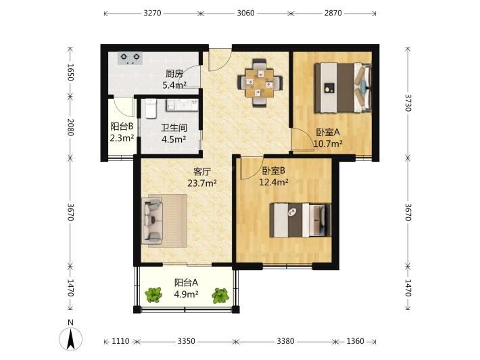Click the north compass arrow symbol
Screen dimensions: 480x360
coord(71,339)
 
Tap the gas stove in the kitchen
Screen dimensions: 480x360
coord(130,58)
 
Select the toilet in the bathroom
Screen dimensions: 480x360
coord(151,108)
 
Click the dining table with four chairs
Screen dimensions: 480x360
coord(260,83)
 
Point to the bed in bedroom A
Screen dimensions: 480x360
coord(343,87)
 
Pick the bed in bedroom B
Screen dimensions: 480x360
coord(300,220)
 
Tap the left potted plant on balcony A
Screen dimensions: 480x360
coord(153,295)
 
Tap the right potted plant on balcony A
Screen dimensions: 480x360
coord(220,296)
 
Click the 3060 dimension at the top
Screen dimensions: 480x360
coord(245,13)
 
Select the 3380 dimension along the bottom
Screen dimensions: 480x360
coord(285,341)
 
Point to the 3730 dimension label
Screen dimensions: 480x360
coord(408,103)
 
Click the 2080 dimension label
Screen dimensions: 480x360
coord(70,127)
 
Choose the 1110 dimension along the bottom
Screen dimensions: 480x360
coord(120,341)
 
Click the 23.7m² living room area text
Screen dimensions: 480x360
coord(202,183)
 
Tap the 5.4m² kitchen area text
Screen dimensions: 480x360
coord(174,85)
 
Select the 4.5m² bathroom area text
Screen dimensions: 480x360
coord(174,139)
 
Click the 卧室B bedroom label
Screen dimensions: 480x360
coord(274,170)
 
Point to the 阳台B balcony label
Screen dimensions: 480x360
coord(122,127)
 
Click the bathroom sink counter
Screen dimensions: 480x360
coord(182,104)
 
